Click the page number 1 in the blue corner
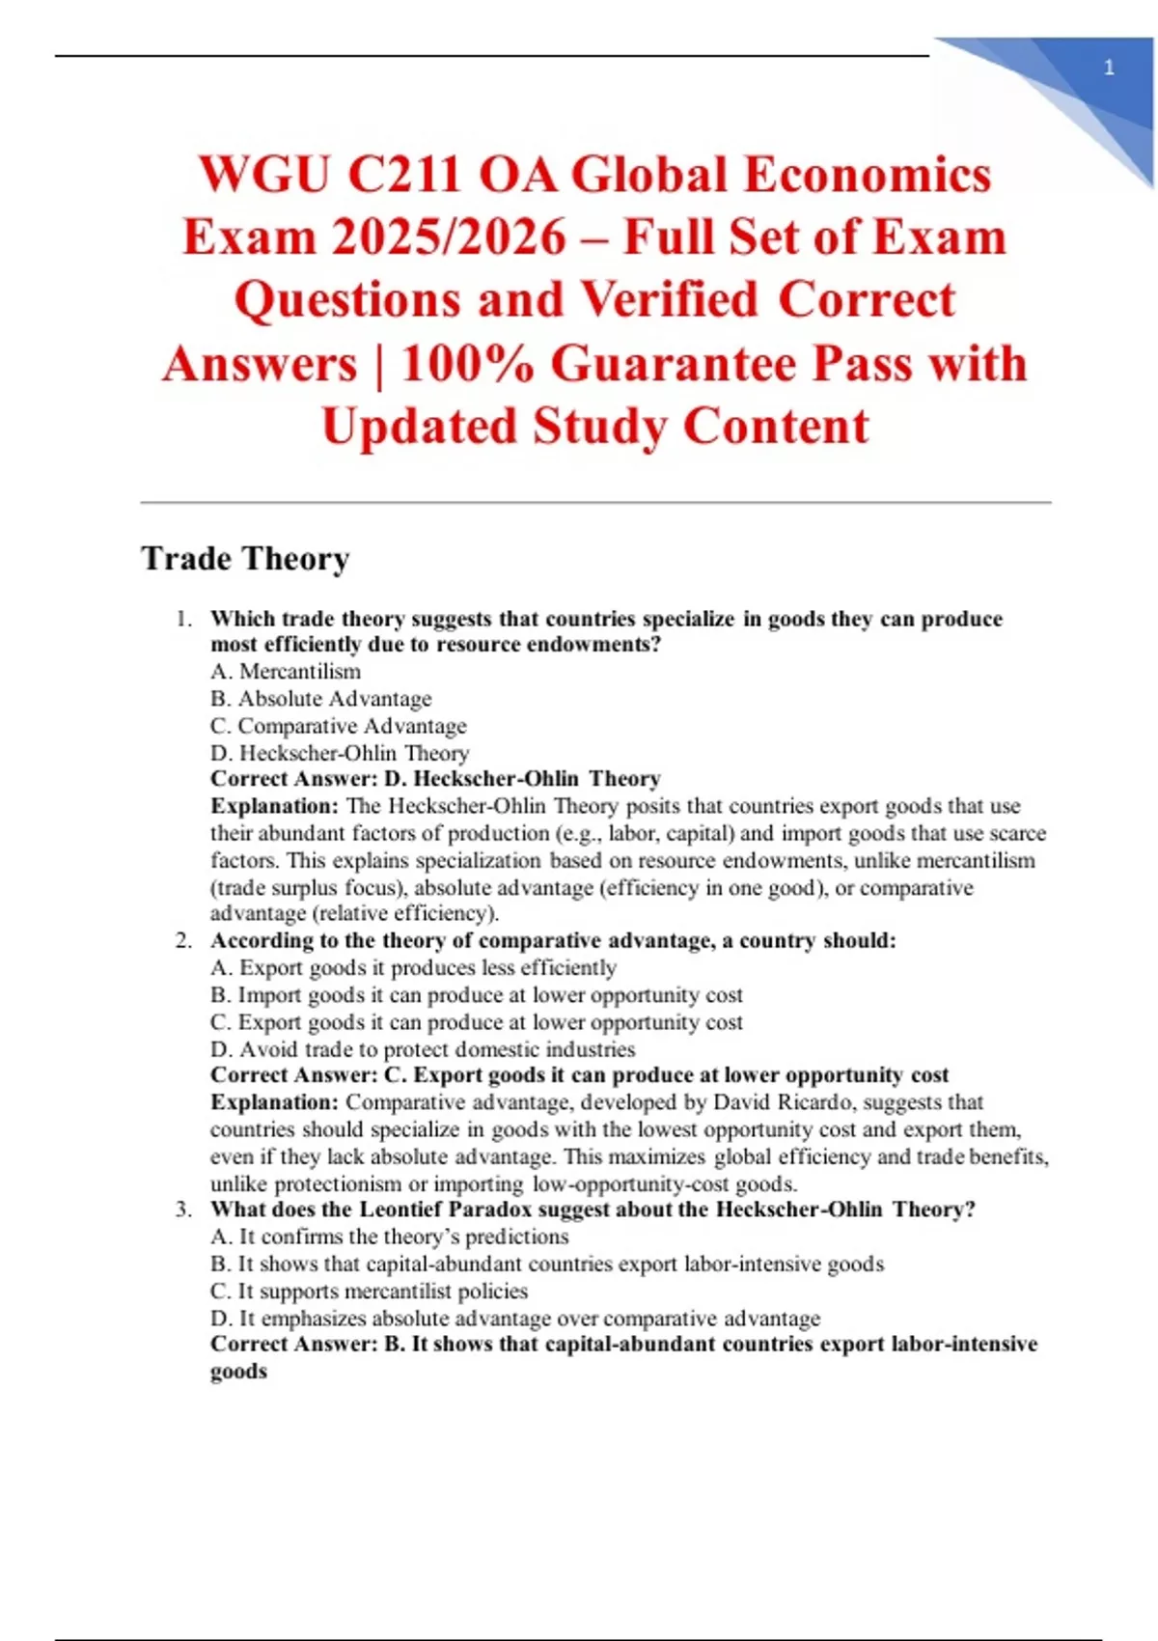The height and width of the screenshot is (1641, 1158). point(1109,68)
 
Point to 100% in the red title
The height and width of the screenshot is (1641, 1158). point(467,364)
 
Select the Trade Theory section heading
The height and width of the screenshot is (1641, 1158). point(245,558)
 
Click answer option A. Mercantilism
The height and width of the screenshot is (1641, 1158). point(286,672)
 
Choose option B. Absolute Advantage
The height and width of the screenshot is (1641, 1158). point(320,699)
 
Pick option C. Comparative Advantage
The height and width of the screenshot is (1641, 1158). point(338,726)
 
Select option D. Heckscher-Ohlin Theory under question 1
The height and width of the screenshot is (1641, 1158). point(340,753)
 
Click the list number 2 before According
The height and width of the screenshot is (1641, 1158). point(183,941)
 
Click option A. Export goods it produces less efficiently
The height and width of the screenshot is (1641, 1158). point(413,968)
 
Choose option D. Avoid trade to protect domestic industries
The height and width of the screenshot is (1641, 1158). point(423,1049)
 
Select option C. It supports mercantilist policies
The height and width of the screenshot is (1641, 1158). point(369,1292)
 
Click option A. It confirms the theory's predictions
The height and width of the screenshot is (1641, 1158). point(389,1237)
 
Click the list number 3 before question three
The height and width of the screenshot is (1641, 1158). point(183,1210)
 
